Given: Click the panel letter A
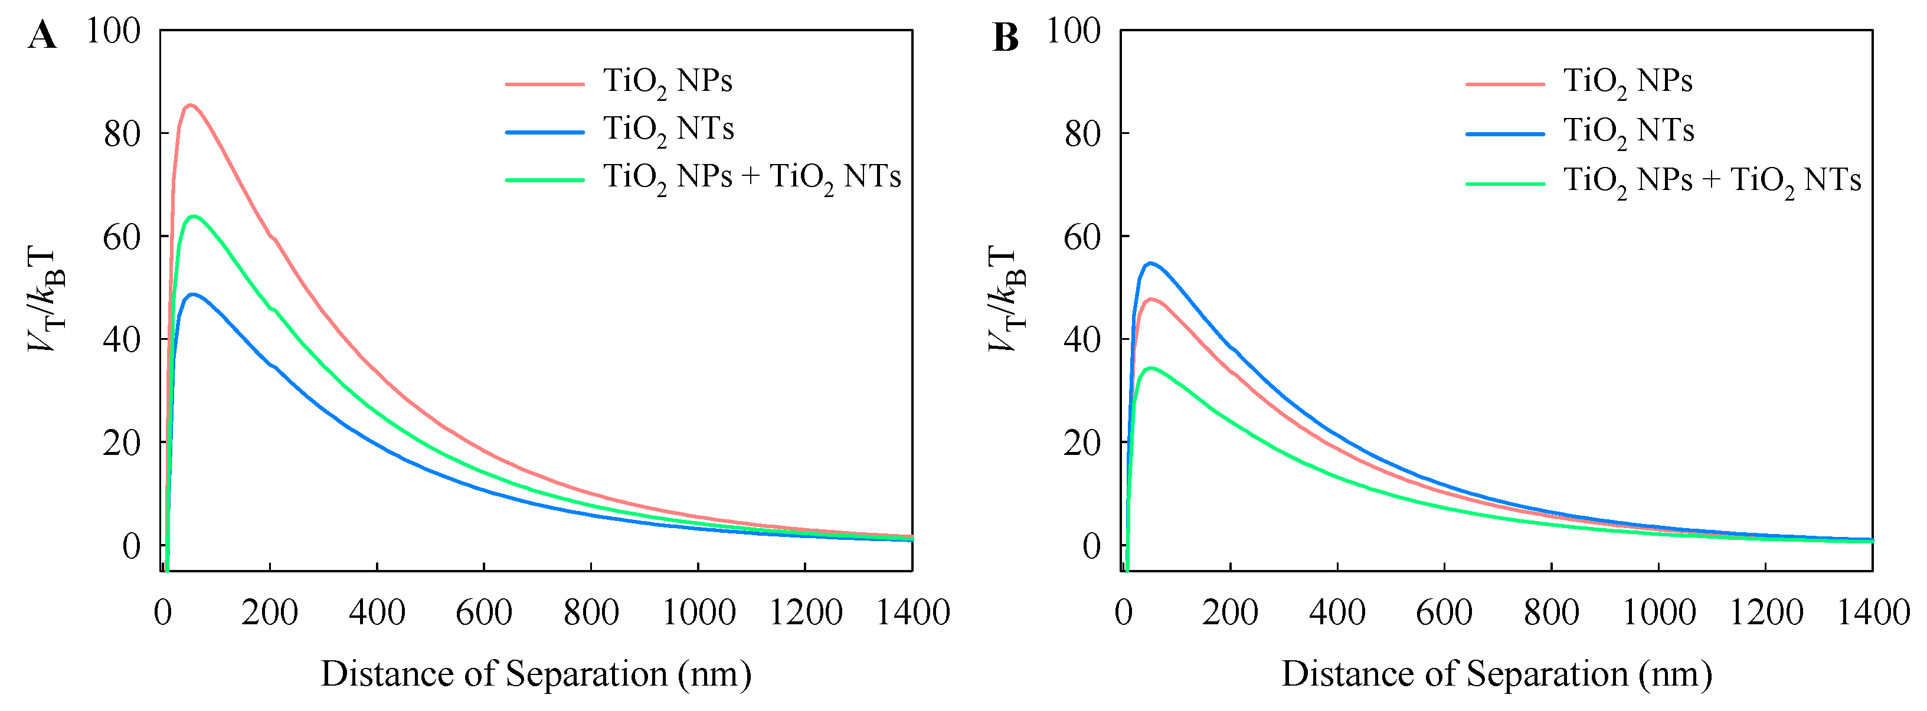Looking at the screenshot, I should [x=42, y=36].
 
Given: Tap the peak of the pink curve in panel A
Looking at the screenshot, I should [x=190, y=104].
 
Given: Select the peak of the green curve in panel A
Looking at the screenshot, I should [x=194, y=216].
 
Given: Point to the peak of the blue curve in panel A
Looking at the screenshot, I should [x=193, y=294].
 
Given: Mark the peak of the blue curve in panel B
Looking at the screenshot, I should [x=1150, y=263].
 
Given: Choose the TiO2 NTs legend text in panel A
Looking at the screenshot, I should [x=669, y=129].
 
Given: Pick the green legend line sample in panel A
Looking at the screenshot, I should [x=545, y=179].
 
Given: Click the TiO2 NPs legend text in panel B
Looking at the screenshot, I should [x=1628, y=81].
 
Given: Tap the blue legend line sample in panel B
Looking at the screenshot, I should [x=1505, y=134].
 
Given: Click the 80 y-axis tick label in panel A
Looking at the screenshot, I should [x=122, y=134].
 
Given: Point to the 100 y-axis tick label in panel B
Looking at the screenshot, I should [x=1073, y=31].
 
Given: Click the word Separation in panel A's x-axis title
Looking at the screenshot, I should [x=585, y=674].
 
